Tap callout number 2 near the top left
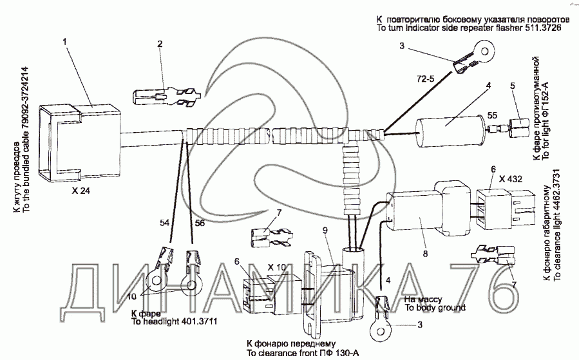(160, 44)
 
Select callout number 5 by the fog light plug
(513, 86)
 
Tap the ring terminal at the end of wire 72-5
(480, 51)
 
